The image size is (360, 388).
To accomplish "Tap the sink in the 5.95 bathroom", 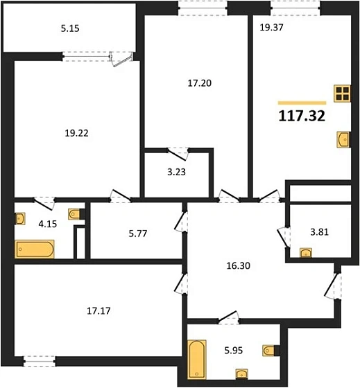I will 240,375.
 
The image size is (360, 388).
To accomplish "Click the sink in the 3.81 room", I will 305,253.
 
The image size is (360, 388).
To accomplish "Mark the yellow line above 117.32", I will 302,102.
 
